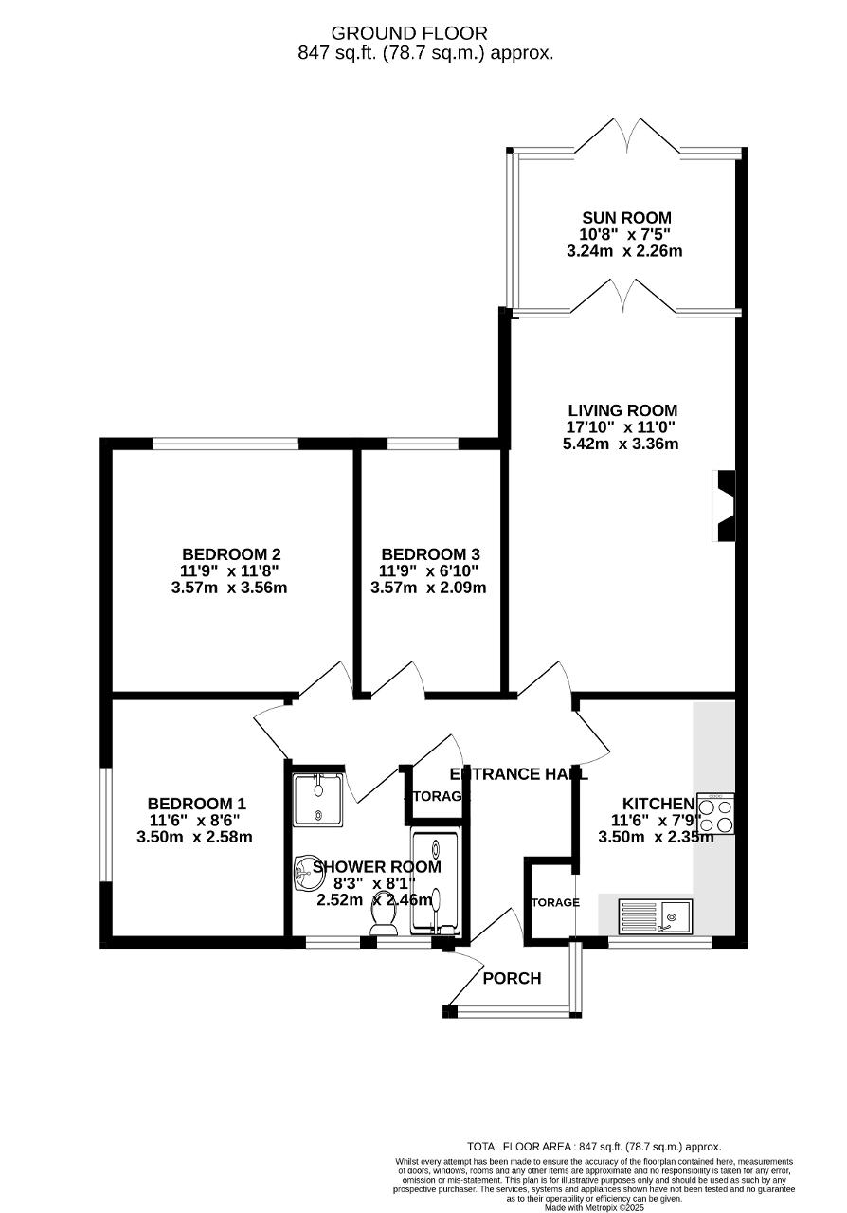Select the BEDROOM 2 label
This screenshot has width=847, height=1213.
tap(231, 554)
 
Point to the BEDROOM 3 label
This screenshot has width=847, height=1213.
tap(430, 554)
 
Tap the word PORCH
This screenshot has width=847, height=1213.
tap(512, 978)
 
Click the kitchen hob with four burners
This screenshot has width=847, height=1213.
tap(715, 814)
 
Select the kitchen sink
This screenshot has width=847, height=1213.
tap(656, 916)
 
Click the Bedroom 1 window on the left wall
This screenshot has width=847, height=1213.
tap(107, 823)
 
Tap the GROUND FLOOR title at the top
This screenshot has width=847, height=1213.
tap(423, 34)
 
